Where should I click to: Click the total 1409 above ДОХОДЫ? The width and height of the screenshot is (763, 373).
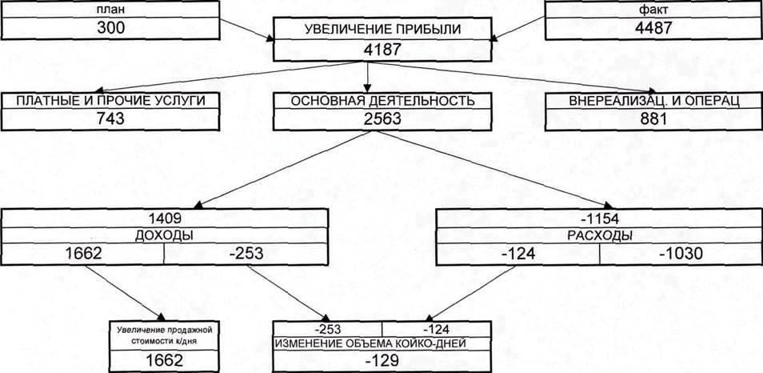(x=166, y=217)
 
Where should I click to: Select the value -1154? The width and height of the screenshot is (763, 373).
(x=600, y=217)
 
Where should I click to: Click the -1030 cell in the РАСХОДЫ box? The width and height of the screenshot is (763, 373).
(x=680, y=254)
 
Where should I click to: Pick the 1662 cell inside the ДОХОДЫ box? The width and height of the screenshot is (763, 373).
(x=83, y=254)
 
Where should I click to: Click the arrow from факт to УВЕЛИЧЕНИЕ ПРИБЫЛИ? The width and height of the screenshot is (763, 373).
(x=520, y=26)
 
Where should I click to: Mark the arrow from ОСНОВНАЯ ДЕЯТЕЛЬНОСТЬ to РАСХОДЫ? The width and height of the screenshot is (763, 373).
(x=496, y=170)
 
